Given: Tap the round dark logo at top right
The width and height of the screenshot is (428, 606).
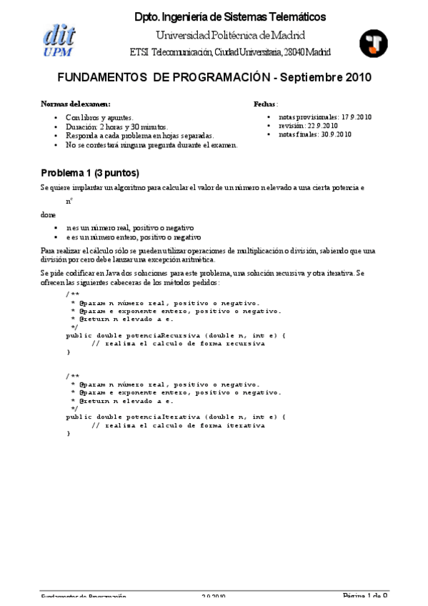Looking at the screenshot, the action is (x=373, y=44).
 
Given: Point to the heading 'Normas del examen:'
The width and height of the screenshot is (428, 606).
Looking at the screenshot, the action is (x=76, y=104).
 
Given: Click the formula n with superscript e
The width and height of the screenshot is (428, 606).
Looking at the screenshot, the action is (x=69, y=202).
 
